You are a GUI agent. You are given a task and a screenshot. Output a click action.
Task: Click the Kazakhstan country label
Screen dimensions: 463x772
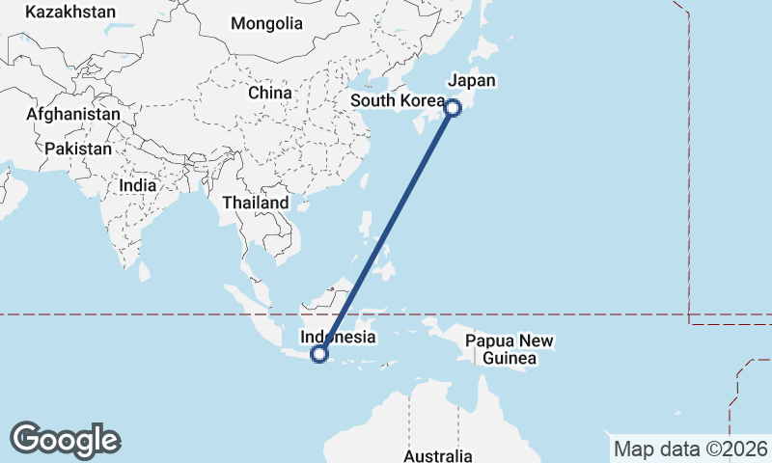[70, 13]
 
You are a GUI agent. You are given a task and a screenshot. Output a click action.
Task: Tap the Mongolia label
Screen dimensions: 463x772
[267, 23]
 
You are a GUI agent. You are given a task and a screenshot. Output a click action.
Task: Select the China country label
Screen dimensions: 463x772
[269, 93]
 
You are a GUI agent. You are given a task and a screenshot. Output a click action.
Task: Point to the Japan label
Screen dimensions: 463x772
[472, 81]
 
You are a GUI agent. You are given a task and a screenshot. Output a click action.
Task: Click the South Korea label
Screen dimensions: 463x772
[397, 101]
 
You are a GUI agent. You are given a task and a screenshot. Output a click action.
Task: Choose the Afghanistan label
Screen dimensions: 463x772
[73, 114]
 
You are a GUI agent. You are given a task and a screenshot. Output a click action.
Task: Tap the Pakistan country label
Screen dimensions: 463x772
[77, 150]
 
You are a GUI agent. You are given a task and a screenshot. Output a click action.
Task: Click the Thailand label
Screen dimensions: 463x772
[255, 203]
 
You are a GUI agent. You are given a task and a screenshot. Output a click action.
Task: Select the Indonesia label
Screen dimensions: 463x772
[338, 338]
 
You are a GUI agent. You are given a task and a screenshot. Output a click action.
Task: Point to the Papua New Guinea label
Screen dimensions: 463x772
[509, 349]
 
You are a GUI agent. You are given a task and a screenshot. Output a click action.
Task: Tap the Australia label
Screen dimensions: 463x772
[438, 455]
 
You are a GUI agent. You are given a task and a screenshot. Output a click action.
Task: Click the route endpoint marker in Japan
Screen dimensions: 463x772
[453, 108]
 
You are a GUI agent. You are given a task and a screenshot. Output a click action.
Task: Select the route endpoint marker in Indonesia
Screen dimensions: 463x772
[320, 355]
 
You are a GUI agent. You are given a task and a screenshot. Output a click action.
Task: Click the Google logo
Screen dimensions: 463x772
[65, 440]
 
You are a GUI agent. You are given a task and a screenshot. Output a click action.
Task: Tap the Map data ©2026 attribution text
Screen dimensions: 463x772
[690, 449]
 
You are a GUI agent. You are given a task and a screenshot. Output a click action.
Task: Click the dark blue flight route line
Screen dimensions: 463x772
[386, 231]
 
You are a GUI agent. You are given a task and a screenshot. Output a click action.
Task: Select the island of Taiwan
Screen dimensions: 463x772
[366, 181]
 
